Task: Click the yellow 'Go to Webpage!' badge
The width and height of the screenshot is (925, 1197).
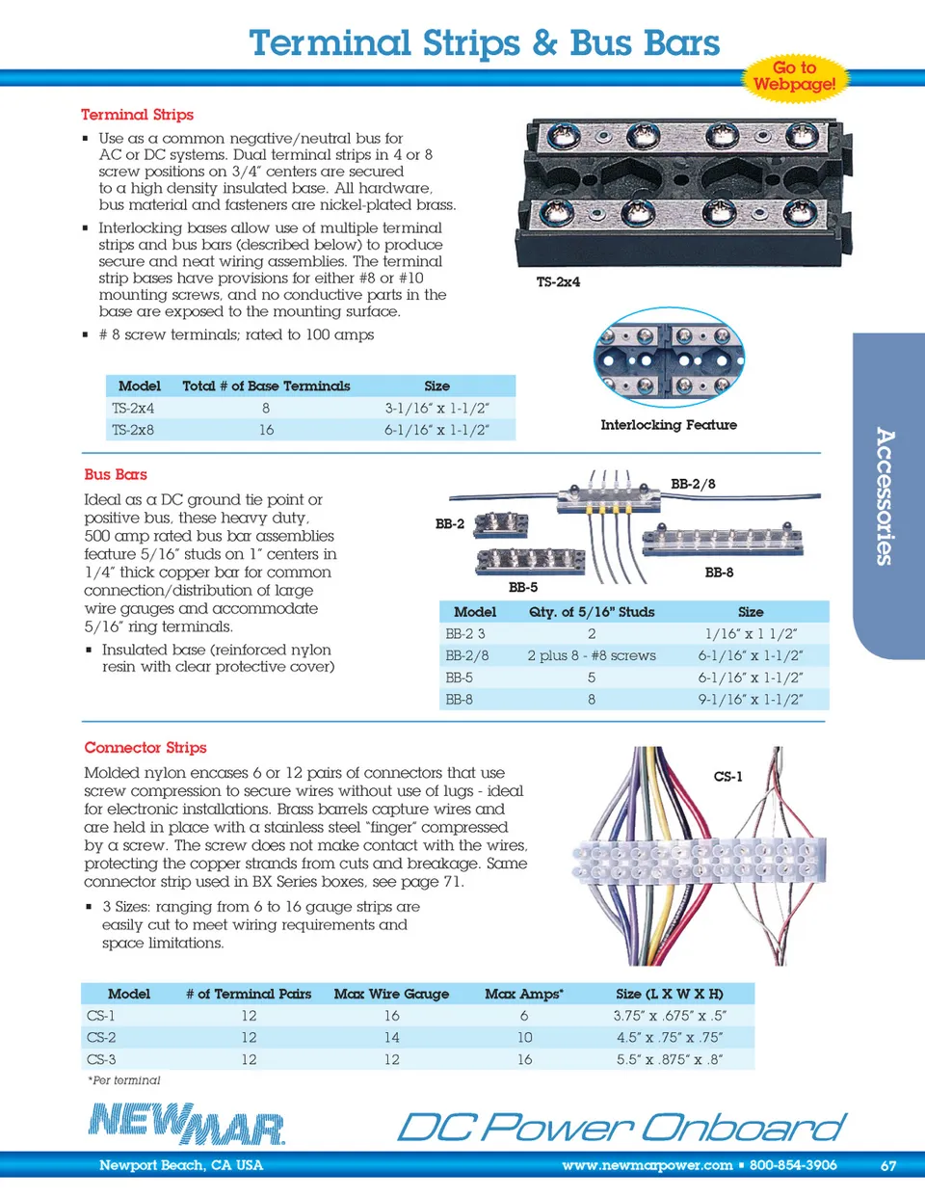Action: pos(794,76)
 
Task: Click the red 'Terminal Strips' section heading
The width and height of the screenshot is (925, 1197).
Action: pos(137,115)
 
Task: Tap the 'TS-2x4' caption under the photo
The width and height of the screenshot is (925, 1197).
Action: pos(558,282)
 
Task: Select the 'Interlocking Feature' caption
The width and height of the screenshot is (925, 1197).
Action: pos(668,425)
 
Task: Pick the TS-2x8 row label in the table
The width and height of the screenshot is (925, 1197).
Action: pos(133,430)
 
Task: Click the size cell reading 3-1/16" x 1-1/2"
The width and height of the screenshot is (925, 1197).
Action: pos(436,409)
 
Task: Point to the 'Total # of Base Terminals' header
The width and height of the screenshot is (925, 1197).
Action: pos(266,386)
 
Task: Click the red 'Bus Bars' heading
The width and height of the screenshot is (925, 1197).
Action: pos(116,475)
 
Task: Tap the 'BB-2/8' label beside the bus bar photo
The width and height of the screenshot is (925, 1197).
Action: pos(693,484)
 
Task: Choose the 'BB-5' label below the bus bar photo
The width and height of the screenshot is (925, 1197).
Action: pos(523,587)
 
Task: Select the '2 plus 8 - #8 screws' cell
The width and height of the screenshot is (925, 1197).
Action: pos(591,656)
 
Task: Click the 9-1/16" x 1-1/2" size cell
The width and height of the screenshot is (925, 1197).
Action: pos(750,700)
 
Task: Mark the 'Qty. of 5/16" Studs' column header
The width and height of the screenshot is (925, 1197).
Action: pos(591,612)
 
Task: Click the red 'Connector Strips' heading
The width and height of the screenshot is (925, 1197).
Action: pos(145,748)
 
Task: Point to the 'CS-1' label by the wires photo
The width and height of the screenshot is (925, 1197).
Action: pos(727,776)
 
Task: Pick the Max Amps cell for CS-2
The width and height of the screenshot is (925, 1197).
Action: pos(524,1038)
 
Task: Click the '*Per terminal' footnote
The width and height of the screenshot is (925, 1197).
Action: pos(124,1080)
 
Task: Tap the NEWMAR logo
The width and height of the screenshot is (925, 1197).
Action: pos(187,1124)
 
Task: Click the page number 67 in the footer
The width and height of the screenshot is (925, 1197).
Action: pos(887,1166)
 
